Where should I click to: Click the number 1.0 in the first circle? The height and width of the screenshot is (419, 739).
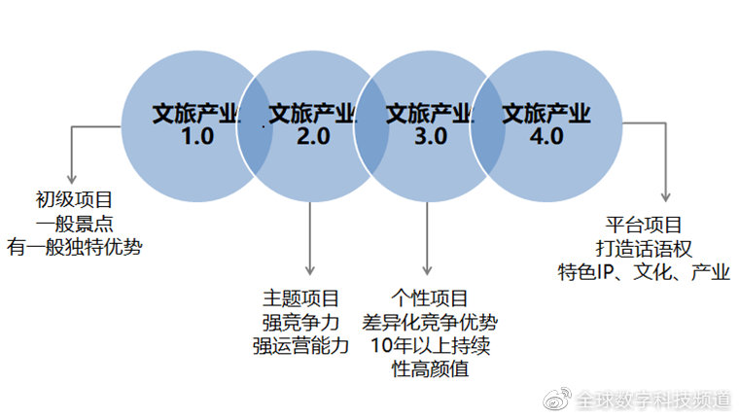click(x=197, y=136)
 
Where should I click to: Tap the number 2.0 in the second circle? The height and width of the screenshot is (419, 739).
click(x=313, y=136)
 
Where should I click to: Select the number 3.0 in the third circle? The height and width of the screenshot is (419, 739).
click(x=431, y=136)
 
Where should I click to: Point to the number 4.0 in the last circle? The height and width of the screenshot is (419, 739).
click(x=546, y=136)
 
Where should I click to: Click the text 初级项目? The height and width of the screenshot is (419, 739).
click(x=74, y=199)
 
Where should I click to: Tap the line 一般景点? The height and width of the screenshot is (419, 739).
click(x=74, y=224)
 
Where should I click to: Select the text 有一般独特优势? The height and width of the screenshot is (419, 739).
click(x=74, y=247)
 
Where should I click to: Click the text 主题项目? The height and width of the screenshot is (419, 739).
click(x=300, y=298)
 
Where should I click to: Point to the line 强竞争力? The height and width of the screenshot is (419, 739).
click(x=300, y=323)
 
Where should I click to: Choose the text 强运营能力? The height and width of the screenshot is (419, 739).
click(x=300, y=346)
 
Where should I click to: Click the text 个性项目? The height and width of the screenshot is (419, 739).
click(x=429, y=298)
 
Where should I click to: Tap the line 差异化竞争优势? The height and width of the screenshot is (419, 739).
click(x=430, y=323)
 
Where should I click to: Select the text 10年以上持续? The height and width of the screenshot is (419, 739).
click(x=430, y=346)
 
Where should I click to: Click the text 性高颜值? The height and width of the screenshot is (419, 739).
click(x=430, y=369)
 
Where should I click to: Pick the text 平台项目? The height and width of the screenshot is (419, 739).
click(x=644, y=225)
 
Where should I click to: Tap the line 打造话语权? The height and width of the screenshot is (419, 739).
click(x=644, y=249)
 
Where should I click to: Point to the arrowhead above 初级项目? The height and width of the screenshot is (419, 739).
click(x=72, y=179)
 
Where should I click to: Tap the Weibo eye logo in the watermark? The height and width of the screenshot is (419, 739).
click(x=557, y=399)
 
